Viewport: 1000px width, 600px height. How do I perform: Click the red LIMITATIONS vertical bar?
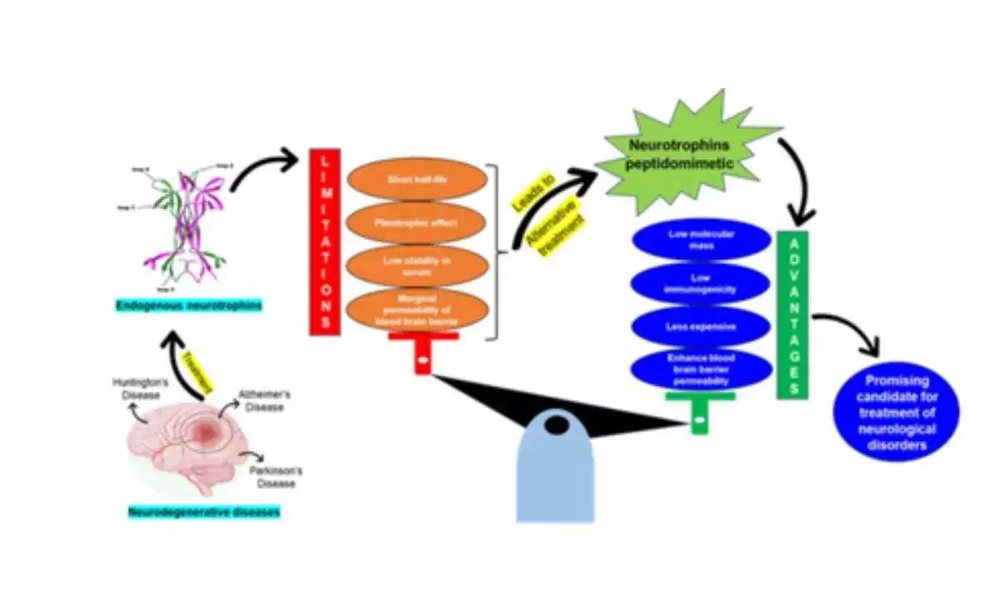324,242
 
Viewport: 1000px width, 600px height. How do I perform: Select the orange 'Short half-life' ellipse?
416,179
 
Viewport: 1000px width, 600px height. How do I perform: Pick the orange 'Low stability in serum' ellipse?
416,266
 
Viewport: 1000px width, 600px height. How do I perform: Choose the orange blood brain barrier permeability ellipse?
416,309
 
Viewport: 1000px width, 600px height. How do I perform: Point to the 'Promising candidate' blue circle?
897,412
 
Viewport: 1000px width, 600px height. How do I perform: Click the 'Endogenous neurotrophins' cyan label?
188,306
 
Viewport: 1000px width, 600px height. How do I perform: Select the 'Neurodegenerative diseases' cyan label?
204,512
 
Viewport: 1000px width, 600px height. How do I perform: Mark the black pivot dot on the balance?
557,425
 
